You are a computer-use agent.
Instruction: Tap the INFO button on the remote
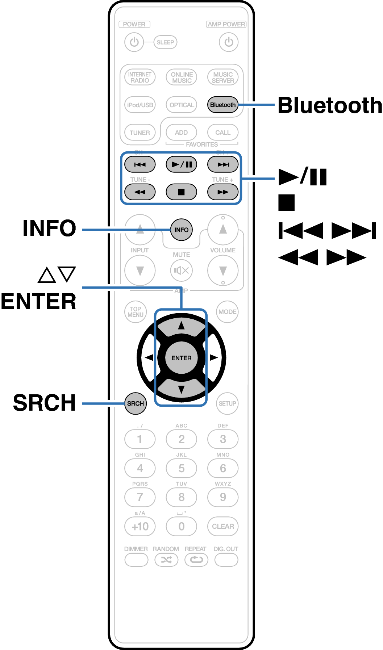(x=181, y=230)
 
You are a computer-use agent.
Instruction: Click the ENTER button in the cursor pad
(x=181, y=358)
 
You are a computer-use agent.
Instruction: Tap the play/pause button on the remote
(x=181, y=164)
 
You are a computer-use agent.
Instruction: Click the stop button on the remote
(x=181, y=192)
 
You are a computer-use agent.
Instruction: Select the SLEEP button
(x=165, y=42)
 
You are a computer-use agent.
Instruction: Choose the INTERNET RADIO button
(x=140, y=77)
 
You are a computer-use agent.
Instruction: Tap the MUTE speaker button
(x=181, y=270)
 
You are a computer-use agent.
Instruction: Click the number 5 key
(x=181, y=468)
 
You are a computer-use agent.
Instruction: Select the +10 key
(x=140, y=526)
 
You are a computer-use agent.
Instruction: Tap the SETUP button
(x=227, y=403)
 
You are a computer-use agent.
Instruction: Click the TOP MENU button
(x=136, y=312)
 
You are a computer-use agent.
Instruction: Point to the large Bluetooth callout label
(x=330, y=105)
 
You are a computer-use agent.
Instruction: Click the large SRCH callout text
(x=45, y=403)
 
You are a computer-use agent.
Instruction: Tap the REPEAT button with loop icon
(x=196, y=560)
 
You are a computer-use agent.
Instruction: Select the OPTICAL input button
(x=181, y=105)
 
